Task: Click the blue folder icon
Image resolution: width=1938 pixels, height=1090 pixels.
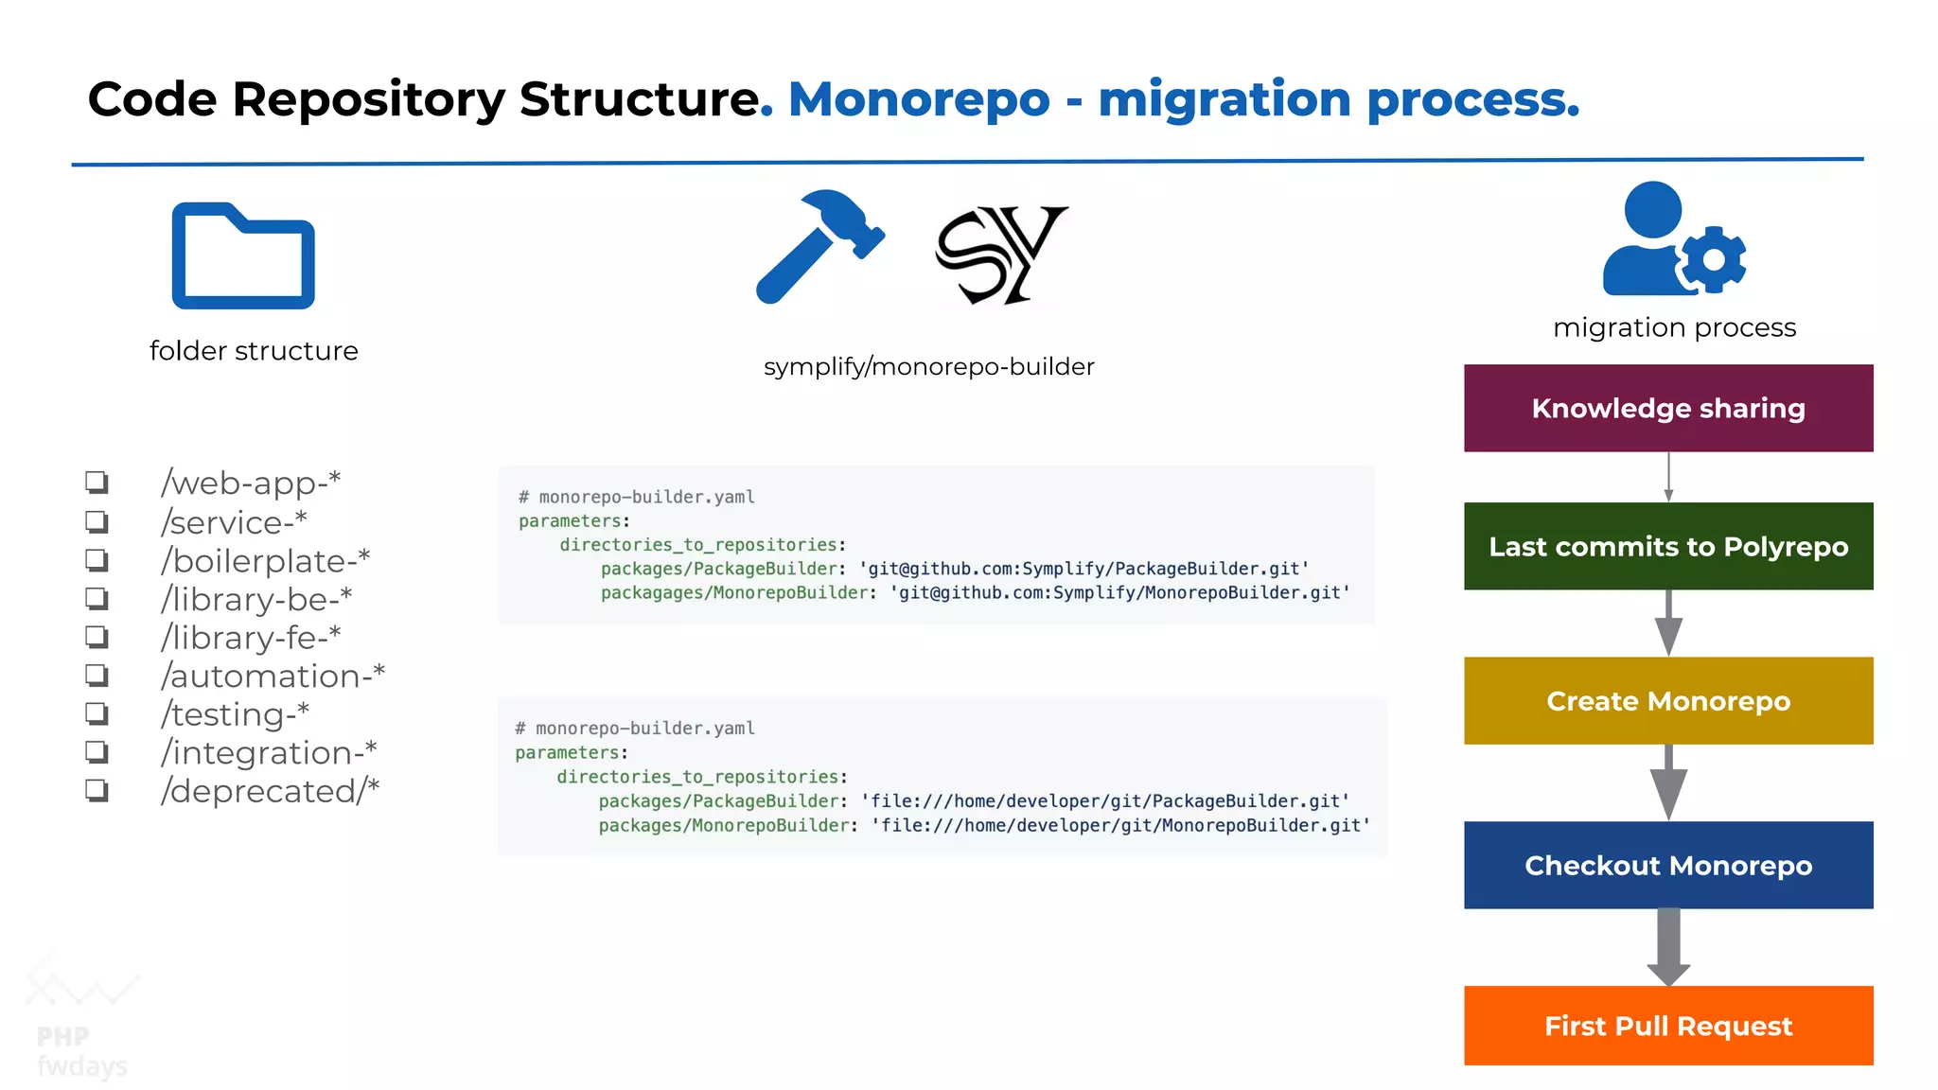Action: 243,256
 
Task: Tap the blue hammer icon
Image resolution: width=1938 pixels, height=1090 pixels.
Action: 819,245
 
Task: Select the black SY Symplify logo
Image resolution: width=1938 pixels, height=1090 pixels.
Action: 1000,255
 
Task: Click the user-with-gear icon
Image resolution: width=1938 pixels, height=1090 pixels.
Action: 1672,241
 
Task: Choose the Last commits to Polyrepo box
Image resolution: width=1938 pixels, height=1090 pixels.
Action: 1668,546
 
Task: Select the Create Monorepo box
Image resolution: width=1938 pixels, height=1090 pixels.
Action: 1668,701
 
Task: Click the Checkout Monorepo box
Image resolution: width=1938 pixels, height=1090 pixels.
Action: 1668,865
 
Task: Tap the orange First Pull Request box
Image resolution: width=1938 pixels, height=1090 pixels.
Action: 1668,1026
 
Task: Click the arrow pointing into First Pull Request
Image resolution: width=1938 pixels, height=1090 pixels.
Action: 1668,947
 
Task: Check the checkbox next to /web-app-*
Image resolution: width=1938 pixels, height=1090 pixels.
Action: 97,483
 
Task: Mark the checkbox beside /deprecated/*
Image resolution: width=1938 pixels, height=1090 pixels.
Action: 97,790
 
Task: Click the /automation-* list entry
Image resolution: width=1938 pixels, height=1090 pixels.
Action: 273,676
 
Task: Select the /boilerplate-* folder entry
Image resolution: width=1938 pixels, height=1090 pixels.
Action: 265,560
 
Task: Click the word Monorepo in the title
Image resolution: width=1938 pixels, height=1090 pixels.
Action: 919,99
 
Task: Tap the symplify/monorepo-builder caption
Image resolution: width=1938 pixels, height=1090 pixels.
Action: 928,366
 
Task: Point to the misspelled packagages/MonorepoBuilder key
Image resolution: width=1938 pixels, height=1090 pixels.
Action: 734,592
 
